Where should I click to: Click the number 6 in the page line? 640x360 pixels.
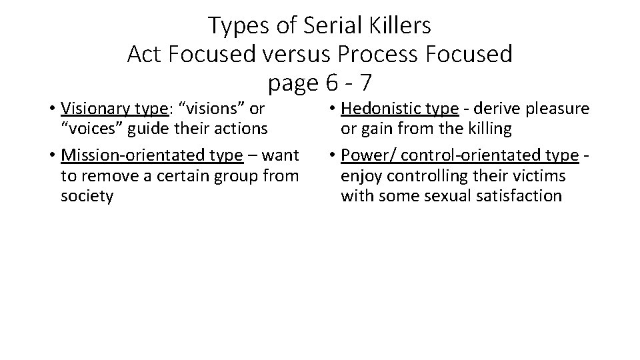(331, 83)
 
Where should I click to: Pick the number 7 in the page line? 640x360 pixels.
(365, 83)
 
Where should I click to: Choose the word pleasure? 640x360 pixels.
(557, 108)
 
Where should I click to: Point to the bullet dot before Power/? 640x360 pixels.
(333, 156)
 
